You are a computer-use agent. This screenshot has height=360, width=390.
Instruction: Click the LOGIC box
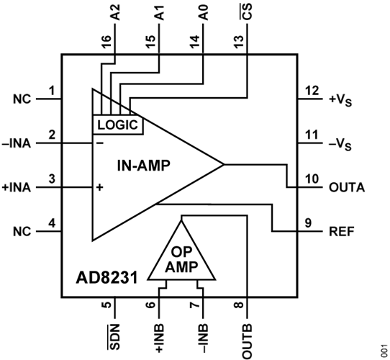pyautogui.click(x=118, y=125)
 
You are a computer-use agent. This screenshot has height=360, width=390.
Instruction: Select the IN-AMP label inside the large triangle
pyautogui.click(x=143, y=166)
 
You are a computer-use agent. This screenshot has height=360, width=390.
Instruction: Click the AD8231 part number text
pyautogui.click(x=106, y=278)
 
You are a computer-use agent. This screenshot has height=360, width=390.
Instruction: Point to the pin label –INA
pyautogui.click(x=16, y=144)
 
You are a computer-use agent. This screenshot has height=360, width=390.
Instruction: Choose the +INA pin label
pyautogui.click(x=16, y=187)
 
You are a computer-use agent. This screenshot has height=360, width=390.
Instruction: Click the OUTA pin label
pyautogui.click(x=347, y=187)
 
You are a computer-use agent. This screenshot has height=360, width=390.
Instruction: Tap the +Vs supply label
pyautogui.click(x=340, y=100)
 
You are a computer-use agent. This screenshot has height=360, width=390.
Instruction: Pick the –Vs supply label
pyautogui.click(x=340, y=145)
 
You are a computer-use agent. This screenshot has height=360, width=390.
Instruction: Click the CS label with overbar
pyautogui.click(x=247, y=12)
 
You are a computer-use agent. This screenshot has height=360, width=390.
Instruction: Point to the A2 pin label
pyautogui.click(x=114, y=12)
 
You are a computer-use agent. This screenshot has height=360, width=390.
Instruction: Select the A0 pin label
pyautogui.click(x=203, y=12)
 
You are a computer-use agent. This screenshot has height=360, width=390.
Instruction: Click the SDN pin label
pyautogui.click(x=114, y=336)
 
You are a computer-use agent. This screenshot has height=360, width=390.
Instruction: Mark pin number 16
pyautogui.click(x=106, y=41)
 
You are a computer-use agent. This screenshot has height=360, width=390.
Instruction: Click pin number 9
pyautogui.click(x=308, y=223)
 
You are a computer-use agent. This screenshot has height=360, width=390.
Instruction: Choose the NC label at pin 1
pyautogui.click(x=22, y=99)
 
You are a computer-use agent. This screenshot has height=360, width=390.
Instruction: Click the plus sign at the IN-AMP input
pyautogui.click(x=99, y=187)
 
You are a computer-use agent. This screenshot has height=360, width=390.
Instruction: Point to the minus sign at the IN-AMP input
pyautogui.click(x=100, y=143)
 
